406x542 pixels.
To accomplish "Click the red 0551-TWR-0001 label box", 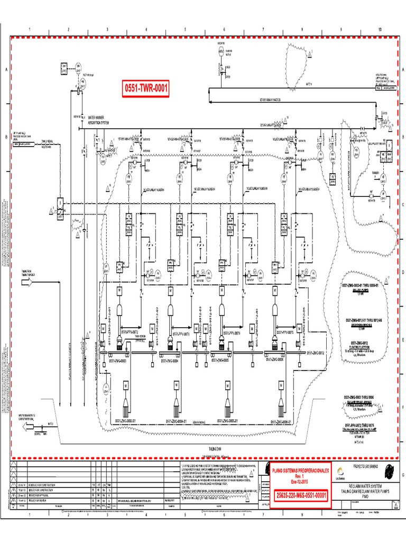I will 146,89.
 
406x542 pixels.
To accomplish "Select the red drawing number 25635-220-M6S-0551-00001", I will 300,495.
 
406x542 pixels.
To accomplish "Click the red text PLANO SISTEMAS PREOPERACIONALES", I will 300,470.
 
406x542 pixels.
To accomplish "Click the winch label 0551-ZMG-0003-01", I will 126,421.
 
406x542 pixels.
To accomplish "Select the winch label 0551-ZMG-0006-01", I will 282,421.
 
